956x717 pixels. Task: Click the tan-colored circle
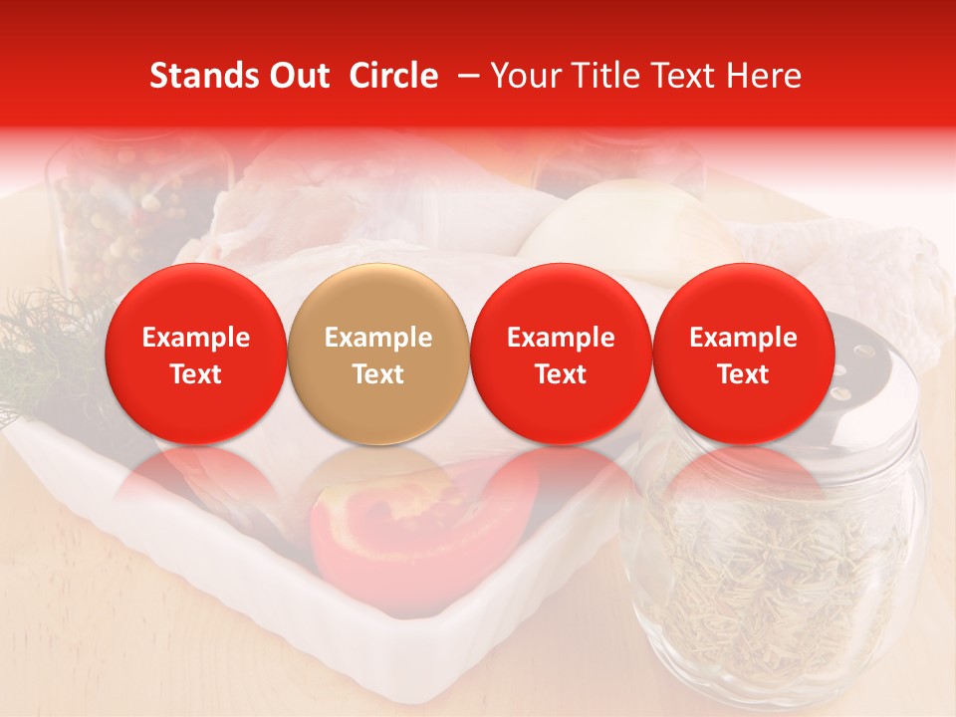click(378, 355)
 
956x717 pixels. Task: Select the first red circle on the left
click(195, 355)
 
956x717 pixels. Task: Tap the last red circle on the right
click(743, 355)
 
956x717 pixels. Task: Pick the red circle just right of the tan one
click(561, 355)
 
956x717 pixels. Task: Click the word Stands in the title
click(204, 76)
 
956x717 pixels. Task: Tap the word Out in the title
click(299, 76)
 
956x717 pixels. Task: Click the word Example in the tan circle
click(378, 338)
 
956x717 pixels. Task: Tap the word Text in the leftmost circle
click(195, 374)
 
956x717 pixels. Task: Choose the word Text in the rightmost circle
click(743, 374)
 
